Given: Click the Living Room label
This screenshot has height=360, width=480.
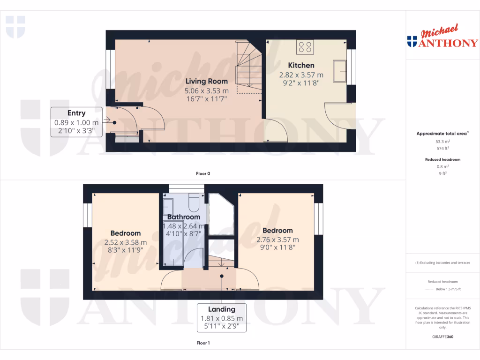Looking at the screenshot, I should pos(206,82).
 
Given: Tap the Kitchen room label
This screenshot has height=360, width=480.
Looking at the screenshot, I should pos(301,65).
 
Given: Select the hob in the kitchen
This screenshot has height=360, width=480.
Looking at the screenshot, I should pos(305,46).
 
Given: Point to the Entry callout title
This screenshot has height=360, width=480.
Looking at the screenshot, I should pos(76,113).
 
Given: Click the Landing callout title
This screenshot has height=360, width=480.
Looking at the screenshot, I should pos(222,309).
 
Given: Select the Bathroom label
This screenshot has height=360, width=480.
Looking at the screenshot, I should pos(184,217).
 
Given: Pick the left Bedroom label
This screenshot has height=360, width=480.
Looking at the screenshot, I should pos(126,233).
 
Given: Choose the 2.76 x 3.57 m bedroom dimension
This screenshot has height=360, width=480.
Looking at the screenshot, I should pos(277,240).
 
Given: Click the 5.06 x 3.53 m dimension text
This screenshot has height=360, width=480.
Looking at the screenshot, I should pos(206,91).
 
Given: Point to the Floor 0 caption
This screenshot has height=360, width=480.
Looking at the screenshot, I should pos(203,173).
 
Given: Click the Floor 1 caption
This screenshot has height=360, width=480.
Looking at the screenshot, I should pos(203,343).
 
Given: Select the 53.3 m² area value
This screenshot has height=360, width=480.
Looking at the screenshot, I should pos(442,141).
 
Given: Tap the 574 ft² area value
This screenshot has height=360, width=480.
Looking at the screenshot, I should pos(442,148).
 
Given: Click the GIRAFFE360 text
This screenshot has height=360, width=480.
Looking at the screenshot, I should pos(442,337).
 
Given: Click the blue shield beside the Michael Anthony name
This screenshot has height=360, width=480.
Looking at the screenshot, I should pos(412,42).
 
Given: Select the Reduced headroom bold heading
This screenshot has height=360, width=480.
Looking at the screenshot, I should pos(442,159).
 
